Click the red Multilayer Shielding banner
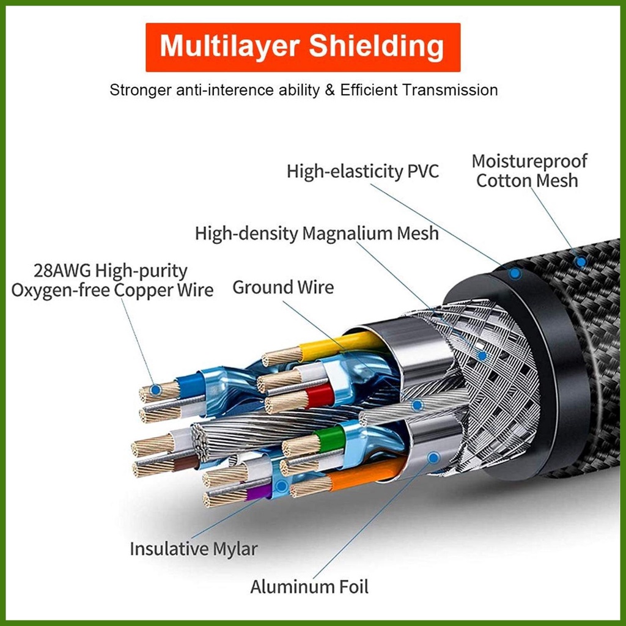click(x=303, y=47)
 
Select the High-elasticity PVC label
click(x=363, y=171)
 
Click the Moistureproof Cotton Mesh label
click(x=528, y=171)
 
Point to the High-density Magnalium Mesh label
click(x=317, y=234)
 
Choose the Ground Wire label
click(x=283, y=287)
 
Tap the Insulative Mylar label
click(x=193, y=548)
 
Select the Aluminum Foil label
click(x=309, y=587)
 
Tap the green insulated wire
click(x=331, y=438)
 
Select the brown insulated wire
click(x=183, y=463)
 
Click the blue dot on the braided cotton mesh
click(x=581, y=262)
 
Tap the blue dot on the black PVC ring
click(x=515, y=273)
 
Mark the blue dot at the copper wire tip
click(x=156, y=389)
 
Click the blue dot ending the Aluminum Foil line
click(x=433, y=457)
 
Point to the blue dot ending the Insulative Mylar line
click(x=281, y=487)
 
